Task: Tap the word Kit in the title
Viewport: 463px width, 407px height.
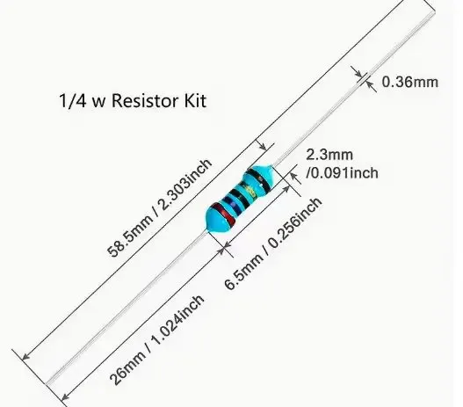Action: [195, 100]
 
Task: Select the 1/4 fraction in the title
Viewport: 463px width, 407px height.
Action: [73, 101]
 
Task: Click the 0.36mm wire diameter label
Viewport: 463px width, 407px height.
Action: [410, 82]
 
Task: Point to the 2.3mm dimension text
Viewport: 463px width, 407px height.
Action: [329, 155]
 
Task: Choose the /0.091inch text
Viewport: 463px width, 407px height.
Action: [342, 173]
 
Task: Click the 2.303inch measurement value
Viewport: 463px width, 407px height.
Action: [186, 185]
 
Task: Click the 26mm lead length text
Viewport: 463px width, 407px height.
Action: [128, 368]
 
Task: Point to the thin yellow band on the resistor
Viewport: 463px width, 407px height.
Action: [252, 191]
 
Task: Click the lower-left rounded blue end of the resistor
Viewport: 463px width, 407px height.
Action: [215, 219]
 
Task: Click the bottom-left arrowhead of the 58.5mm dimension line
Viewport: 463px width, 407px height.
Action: [26, 356]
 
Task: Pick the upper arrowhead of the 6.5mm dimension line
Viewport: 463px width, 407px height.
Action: [286, 189]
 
